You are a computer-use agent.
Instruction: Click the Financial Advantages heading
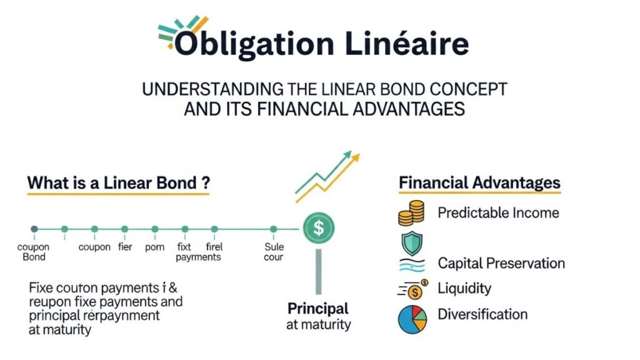(x=479, y=183)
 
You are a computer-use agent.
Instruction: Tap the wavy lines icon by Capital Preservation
(x=410, y=265)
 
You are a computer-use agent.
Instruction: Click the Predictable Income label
(x=498, y=212)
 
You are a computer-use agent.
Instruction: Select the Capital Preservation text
(x=501, y=263)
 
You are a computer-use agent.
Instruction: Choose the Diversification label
(x=482, y=314)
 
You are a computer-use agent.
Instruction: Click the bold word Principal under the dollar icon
(x=318, y=309)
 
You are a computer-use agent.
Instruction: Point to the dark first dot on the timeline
(x=34, y=229)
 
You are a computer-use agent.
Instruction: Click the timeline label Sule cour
(x=274, y=252)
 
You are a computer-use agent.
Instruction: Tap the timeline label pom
(x=154, y=247)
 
